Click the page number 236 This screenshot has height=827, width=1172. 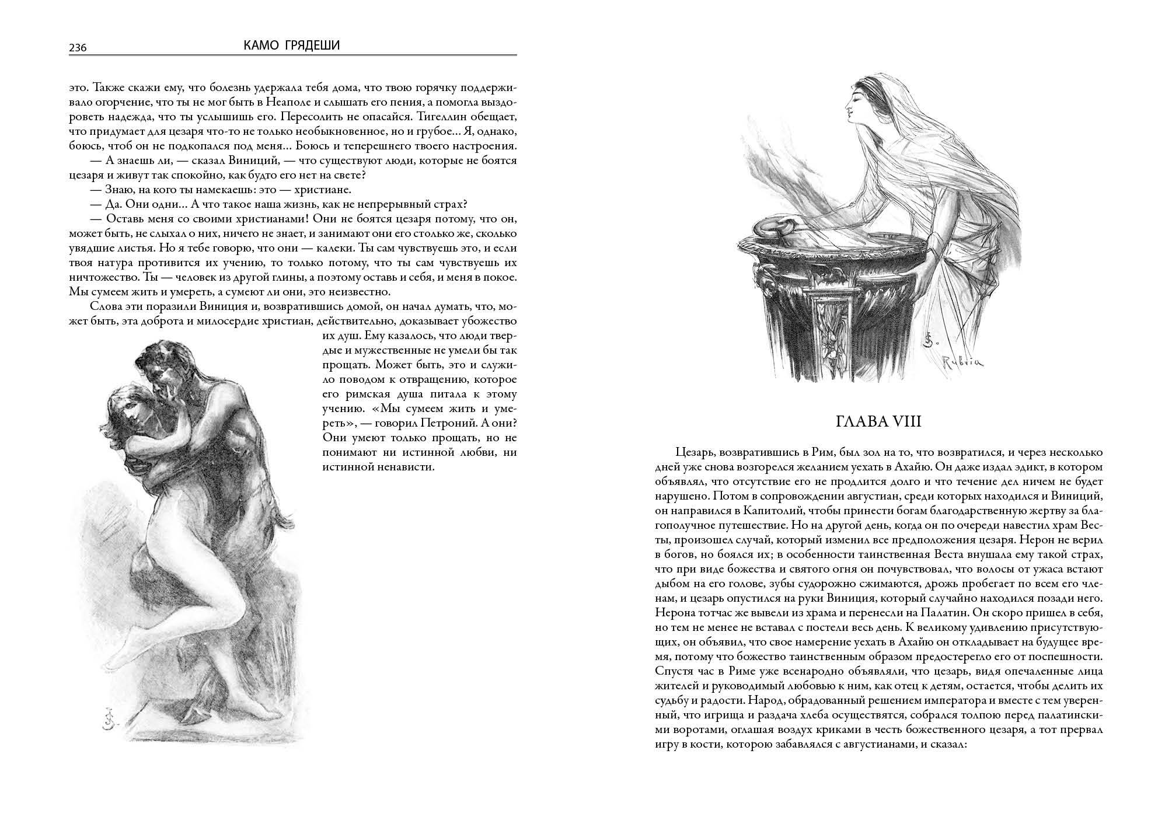pyautogui.click(x=78, y=48)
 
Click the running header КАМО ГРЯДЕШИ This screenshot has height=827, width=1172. pyautogui.click(x=292, y=45)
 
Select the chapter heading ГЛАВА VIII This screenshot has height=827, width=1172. pyautogui.click(x=879, y=421)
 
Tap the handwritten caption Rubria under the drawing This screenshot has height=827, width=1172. pyautogui.click(x=962, y=362)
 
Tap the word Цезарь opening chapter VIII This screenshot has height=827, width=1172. pyautogui.click(x=695, y=453)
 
